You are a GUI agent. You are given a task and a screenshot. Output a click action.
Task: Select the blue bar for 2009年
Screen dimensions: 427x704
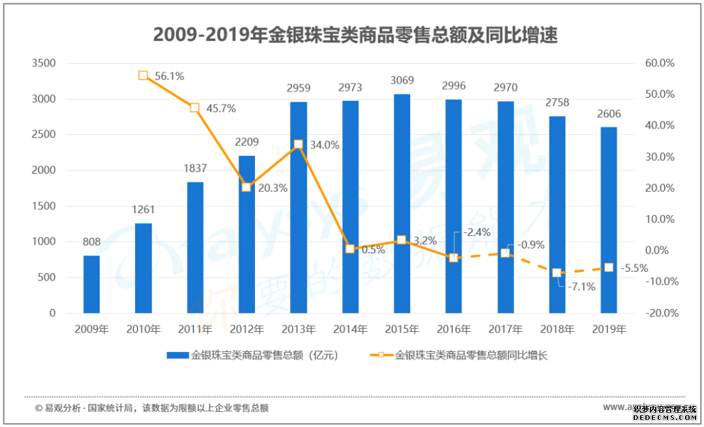[92, 284]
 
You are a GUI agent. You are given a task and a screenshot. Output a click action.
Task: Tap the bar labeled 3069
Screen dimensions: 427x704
[402, 203]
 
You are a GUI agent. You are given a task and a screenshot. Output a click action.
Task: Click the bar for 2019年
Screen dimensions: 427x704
[608, 220]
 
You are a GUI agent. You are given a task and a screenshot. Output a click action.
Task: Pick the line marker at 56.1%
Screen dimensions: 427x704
[143, 76]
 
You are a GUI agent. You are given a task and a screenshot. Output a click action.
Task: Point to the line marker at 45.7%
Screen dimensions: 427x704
[194, 108]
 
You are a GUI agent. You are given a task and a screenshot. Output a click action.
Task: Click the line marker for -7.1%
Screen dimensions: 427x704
[557, 272]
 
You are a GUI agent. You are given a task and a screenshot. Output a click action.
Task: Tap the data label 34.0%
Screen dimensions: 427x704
[324, 145]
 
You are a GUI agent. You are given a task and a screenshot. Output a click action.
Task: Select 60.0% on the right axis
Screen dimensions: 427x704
[660, 63]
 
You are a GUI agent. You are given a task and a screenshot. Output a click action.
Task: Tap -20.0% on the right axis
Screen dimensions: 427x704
[660, 313]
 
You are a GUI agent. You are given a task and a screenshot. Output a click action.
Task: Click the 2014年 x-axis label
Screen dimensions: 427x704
[350, 329]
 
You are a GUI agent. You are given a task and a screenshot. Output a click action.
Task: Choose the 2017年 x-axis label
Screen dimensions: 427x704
[505, 329]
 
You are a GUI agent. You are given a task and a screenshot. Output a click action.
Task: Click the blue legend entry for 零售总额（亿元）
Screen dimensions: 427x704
[253, 355]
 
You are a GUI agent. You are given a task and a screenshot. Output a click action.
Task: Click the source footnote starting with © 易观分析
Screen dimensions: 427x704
[151, 408]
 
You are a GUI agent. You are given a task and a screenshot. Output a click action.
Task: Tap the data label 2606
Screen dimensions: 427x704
[608, 114]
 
